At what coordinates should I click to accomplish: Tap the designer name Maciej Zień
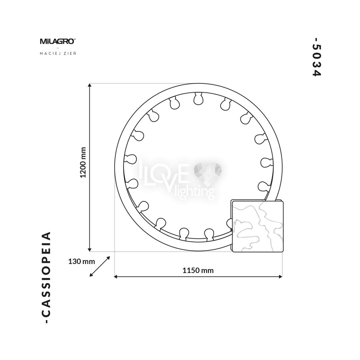pyautogui.click(x=58, y=53)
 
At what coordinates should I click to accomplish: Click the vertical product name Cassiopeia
pyautogui.click(x=46, y=277)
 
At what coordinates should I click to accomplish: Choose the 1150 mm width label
pyautogui.click(x=198, y=270)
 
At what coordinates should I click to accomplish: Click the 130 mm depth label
pyautogui.click(x=82, y=261)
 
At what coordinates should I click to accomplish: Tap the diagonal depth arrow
pyautogui.click(x=100, y=266)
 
